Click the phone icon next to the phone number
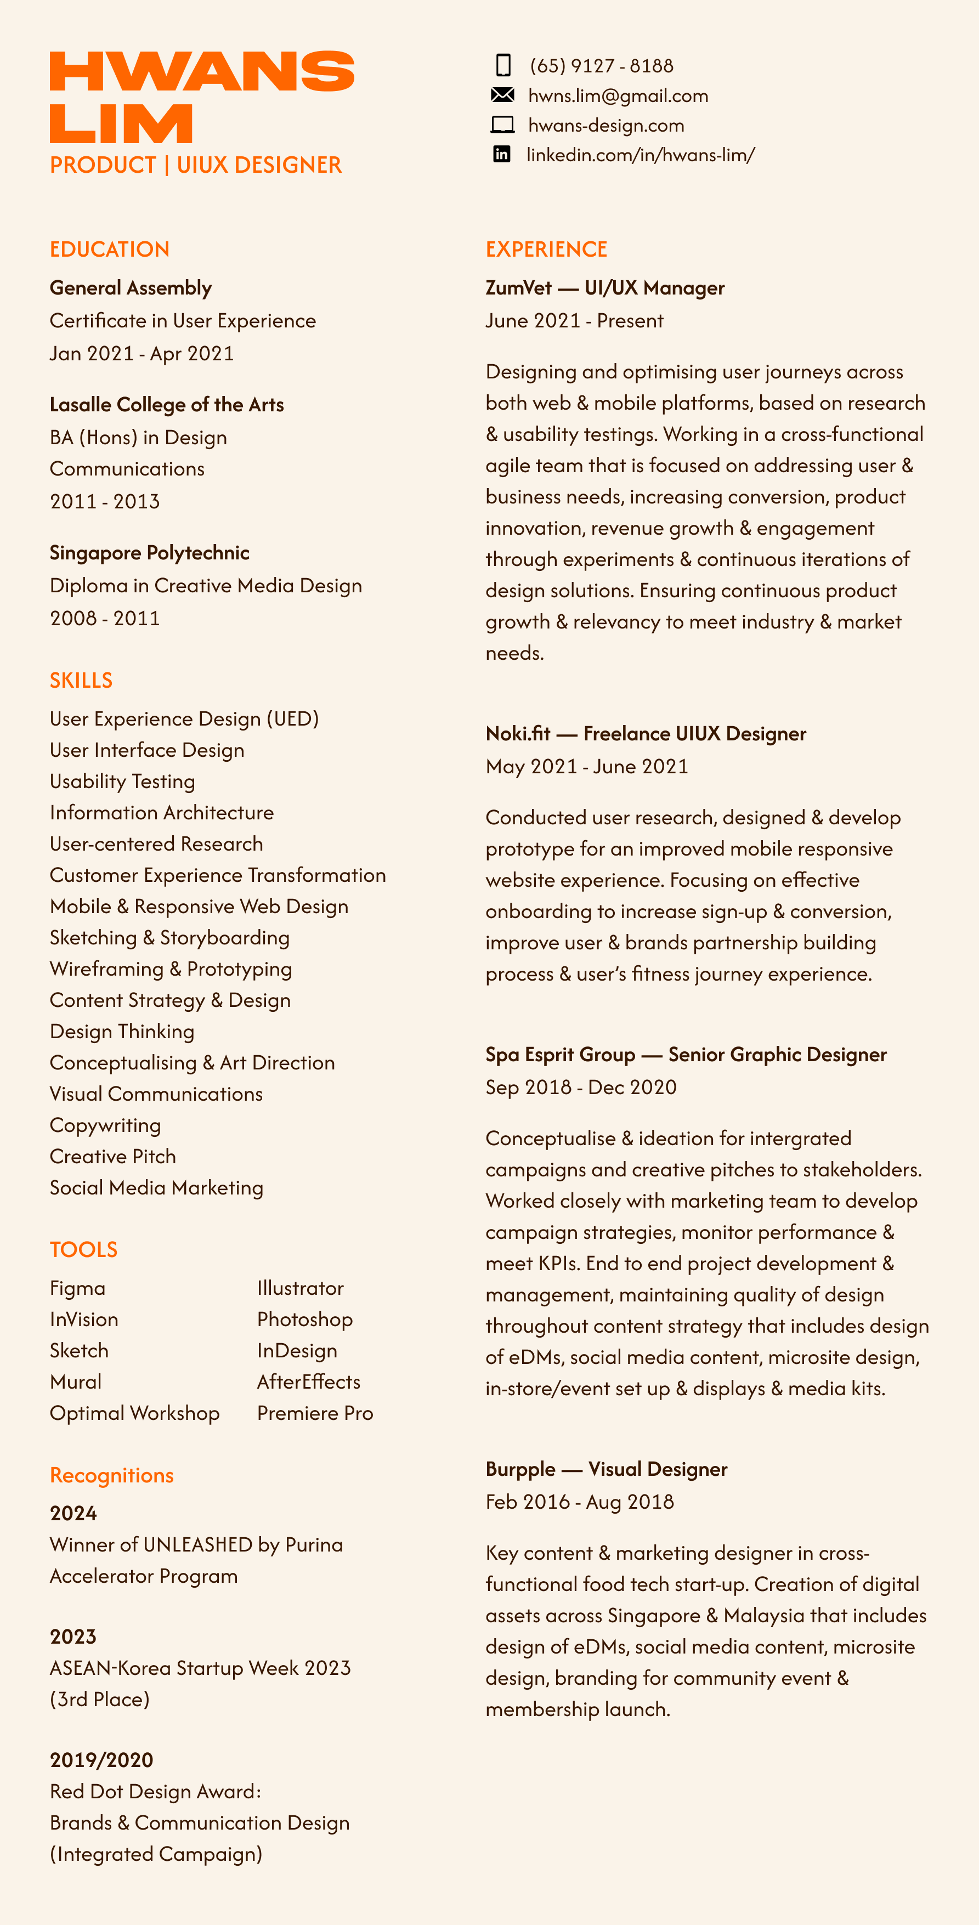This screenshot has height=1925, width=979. tap(503, 66)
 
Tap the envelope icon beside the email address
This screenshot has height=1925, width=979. tap(502, 95)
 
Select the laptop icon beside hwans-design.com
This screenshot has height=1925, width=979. tap(502, 125)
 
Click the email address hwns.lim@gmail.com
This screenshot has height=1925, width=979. tap(618, 95)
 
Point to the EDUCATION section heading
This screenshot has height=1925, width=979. tap(110, 250)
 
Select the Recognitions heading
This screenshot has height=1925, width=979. tap(112, 1475)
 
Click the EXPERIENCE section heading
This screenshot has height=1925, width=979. tap(546, 250)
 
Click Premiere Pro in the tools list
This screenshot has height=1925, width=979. tap(315, 1413)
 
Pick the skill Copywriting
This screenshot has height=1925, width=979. tap(105, 1125)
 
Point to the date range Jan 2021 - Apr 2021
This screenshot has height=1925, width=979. tap(142, 353)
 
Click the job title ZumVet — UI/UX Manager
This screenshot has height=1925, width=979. tap(604, 288)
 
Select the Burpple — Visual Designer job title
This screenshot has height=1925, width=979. tap(606, 1469)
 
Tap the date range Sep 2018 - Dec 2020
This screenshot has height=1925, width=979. tap(581, 1088)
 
